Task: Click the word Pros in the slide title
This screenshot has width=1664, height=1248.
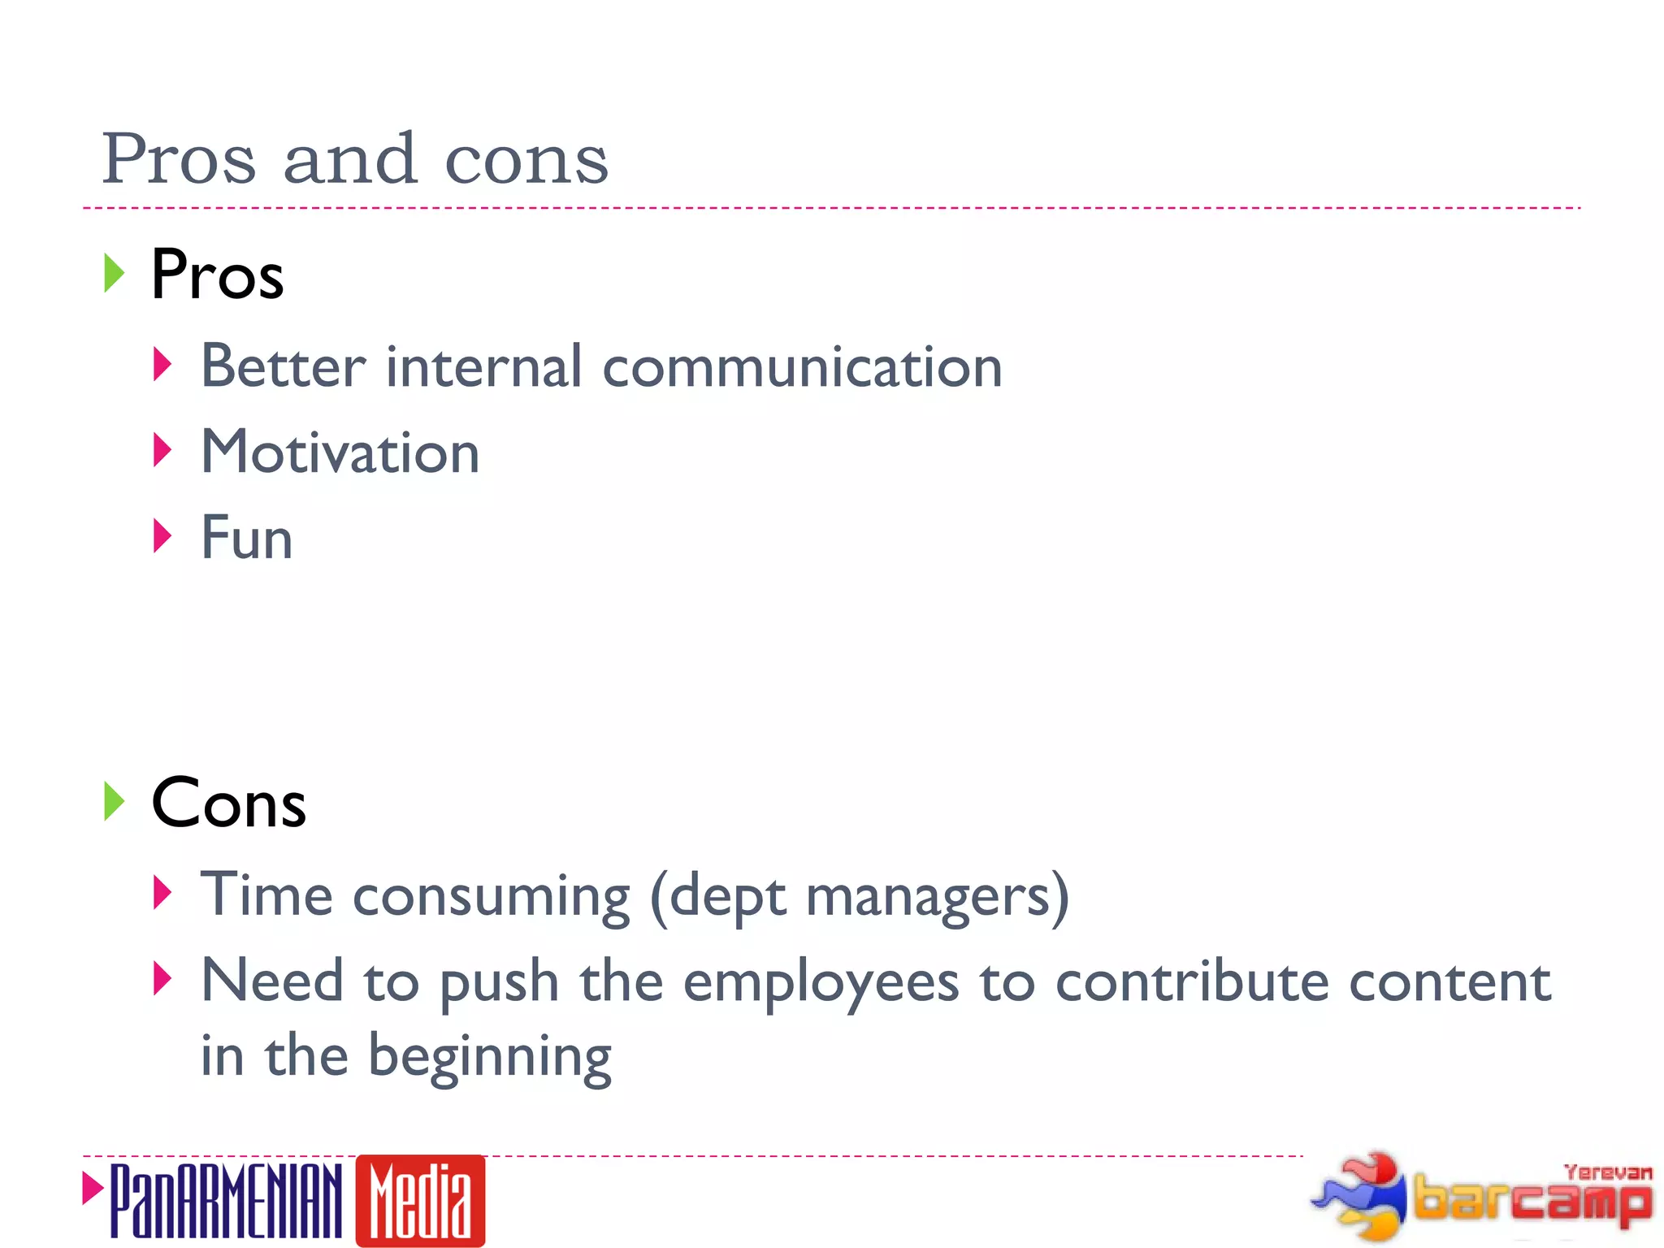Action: click(179, 158)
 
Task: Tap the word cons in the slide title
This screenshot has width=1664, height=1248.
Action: click(526, 160)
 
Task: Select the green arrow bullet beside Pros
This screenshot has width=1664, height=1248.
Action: click(115, 273)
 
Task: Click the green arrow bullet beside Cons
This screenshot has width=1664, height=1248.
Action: click(115, 801)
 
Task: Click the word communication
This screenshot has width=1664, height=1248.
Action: click(803, 367)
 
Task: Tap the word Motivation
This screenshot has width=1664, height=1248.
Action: click(340, 453)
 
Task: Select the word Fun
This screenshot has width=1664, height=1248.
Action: click(247, 538)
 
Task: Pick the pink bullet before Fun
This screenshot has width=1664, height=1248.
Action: click(162, 535)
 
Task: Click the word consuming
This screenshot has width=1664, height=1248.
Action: click(492, 897)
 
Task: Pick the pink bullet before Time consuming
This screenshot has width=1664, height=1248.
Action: click(162, 893)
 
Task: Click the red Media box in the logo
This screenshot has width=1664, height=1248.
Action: click(420, 1200)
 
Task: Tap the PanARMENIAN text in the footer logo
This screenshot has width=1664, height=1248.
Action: click(226, 1201)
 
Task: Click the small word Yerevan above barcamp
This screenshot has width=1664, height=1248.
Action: click(1608, 1172)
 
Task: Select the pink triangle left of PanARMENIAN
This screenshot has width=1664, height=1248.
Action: click(93, 1188)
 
